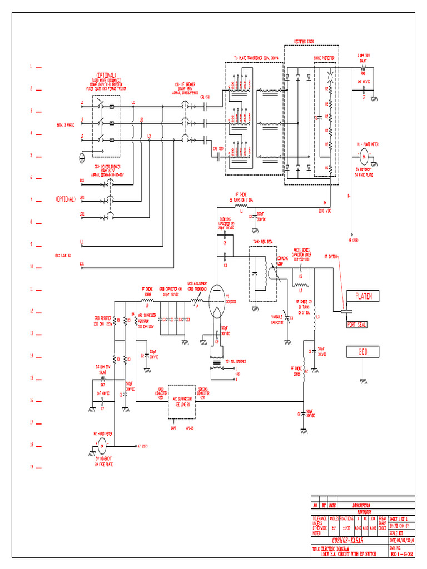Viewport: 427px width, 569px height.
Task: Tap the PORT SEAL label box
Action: (x=356, y=324)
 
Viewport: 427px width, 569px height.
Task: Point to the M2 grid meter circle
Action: (x=101, y=445)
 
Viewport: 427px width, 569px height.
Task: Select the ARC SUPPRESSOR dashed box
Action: (x=183, y=401)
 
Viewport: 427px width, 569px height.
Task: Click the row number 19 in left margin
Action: (x=32, y=467)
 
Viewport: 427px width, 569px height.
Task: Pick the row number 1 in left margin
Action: (x=32, y=67)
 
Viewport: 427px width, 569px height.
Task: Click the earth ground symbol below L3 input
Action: (x=82, y=157)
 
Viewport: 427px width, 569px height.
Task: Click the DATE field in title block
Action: (x=401, y=540)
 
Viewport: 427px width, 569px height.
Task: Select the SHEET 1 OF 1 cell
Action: (x=401, y=518)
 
